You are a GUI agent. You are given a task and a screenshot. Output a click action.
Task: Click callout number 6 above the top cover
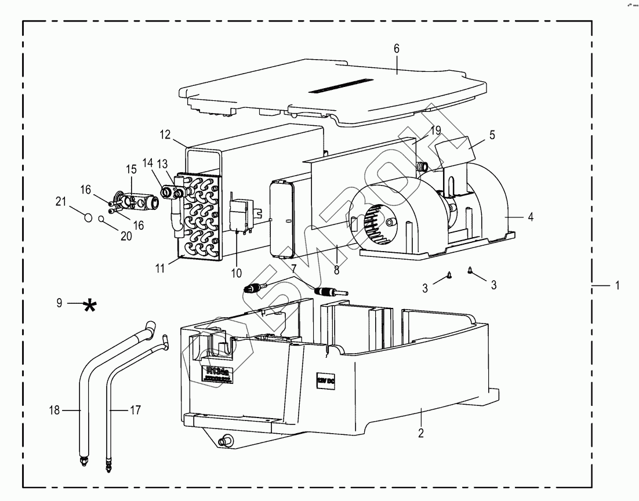397,49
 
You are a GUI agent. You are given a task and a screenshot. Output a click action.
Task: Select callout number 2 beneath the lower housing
421,433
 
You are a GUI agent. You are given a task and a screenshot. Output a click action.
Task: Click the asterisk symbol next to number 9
89,306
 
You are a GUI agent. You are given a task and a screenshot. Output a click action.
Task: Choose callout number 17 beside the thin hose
135,411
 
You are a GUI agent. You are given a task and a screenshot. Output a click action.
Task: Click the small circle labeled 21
88,217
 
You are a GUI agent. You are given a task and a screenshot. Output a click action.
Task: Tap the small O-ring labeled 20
101,219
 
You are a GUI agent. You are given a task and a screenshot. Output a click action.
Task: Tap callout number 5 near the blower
492,135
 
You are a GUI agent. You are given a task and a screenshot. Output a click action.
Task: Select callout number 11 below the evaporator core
161,268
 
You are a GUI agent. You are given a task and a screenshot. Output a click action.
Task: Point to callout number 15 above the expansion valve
132,169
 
